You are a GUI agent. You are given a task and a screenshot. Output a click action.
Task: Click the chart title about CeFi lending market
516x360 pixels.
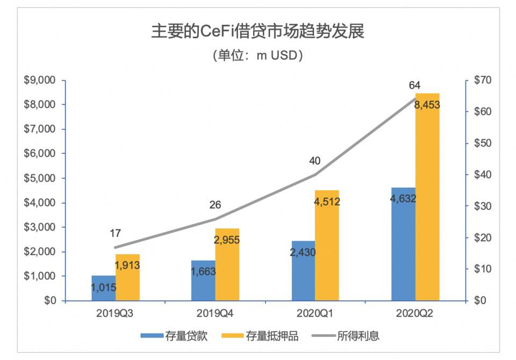pyautogui.click(x=257, y=32)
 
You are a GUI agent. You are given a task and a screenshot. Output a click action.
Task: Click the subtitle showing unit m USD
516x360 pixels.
pyautogui.click(x=257, y=55)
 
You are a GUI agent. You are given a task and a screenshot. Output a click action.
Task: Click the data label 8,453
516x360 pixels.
pyautogui.click(x=427, y=105)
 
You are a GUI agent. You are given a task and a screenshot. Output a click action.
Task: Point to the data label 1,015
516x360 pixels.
pyautogui.click(x=104, y=288)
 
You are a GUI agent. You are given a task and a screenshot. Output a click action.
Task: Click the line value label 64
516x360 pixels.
pyautogui.click(x=414, y=85)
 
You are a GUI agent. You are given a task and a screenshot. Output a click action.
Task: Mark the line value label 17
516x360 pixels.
pyautogui.click(x=116, y=233)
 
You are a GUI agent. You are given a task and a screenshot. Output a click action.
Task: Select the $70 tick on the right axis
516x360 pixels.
pyautogui.click(x=479, y=81)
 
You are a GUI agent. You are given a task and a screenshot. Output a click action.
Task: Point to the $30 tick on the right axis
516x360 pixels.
pyautogui.click(x=479, y=206)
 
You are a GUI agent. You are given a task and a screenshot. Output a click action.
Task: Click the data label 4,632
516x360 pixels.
pyautogui.click(x=404, y=198)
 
